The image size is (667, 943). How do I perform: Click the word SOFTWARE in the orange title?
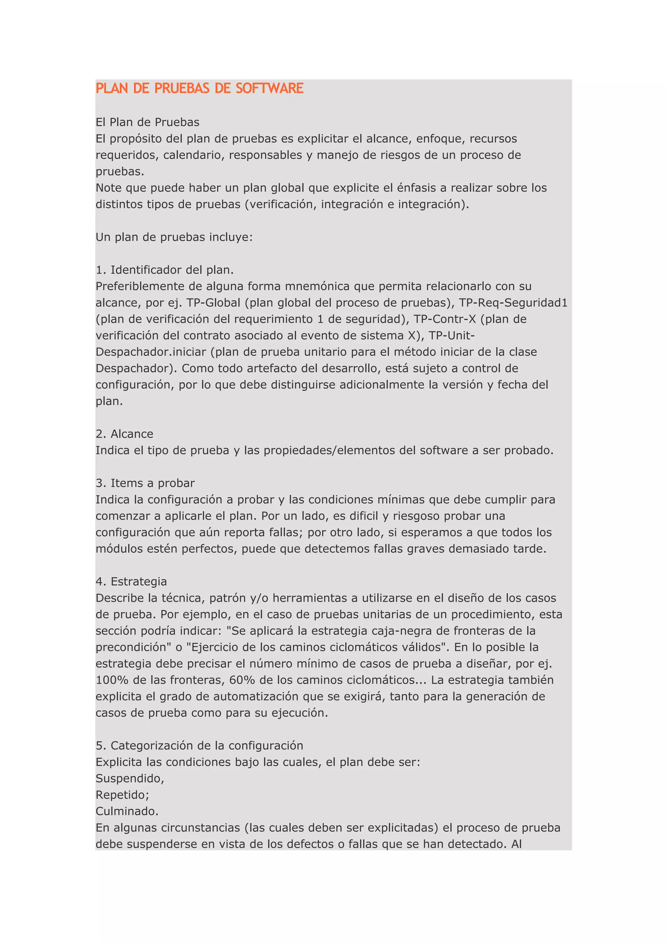(x=269, y=88)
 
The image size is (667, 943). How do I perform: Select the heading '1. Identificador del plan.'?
(x=164, y=270)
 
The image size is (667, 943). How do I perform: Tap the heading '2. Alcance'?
(x=124, y=434)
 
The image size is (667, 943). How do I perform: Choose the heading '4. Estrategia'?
(x=131, y=581)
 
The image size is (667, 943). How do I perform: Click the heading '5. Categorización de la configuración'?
(x=199, y=745)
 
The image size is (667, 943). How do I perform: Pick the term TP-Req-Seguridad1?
(x=513, y=303)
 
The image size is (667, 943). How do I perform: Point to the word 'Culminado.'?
(x=127, y=811)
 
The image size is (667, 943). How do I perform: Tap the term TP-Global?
(x=213, y=303)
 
